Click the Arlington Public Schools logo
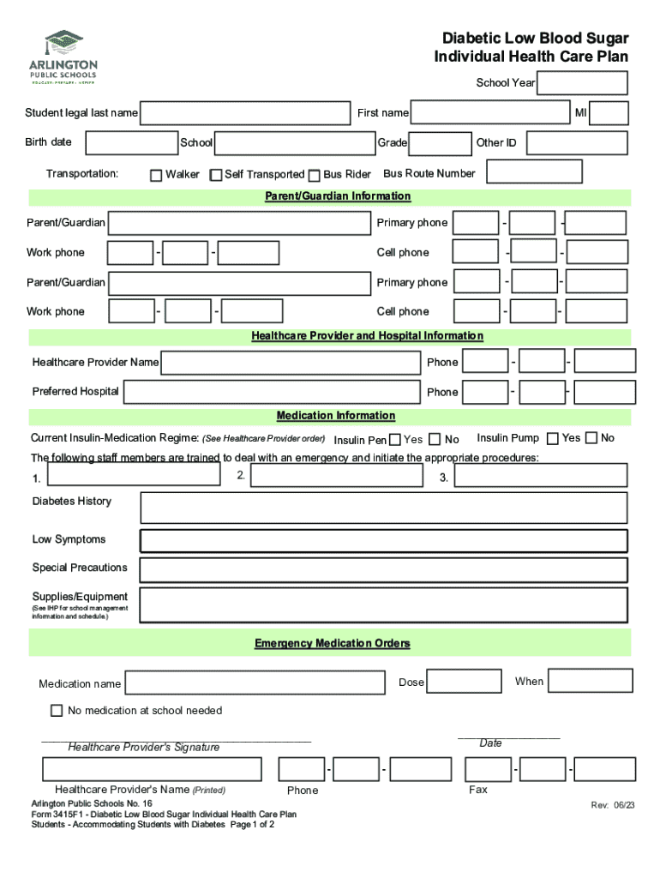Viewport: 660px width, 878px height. (x=65, y=57)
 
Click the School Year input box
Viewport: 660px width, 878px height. (x=583, y=83)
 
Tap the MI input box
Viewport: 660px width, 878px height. (x=609, y=113)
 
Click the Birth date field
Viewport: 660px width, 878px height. (x=131, y=142)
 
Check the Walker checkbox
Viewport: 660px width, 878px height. (x=156, y=176)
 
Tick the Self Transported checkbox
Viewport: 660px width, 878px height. (x=216, y=176)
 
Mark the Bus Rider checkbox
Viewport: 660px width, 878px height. (x=315, y=176)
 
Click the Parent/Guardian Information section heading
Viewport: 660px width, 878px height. (x=338, y=196)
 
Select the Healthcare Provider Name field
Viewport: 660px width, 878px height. (x=290, y=364)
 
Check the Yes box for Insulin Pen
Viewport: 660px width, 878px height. (x=395, y=440)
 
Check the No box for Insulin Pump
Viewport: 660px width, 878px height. (x=591, y=438)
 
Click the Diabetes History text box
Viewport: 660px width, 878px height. (x=383, y=508)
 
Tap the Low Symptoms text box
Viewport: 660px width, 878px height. (x=383, y=541)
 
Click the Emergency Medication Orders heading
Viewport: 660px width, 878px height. (x=332, y=643)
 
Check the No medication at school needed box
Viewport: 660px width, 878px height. (x=57, y=711)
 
